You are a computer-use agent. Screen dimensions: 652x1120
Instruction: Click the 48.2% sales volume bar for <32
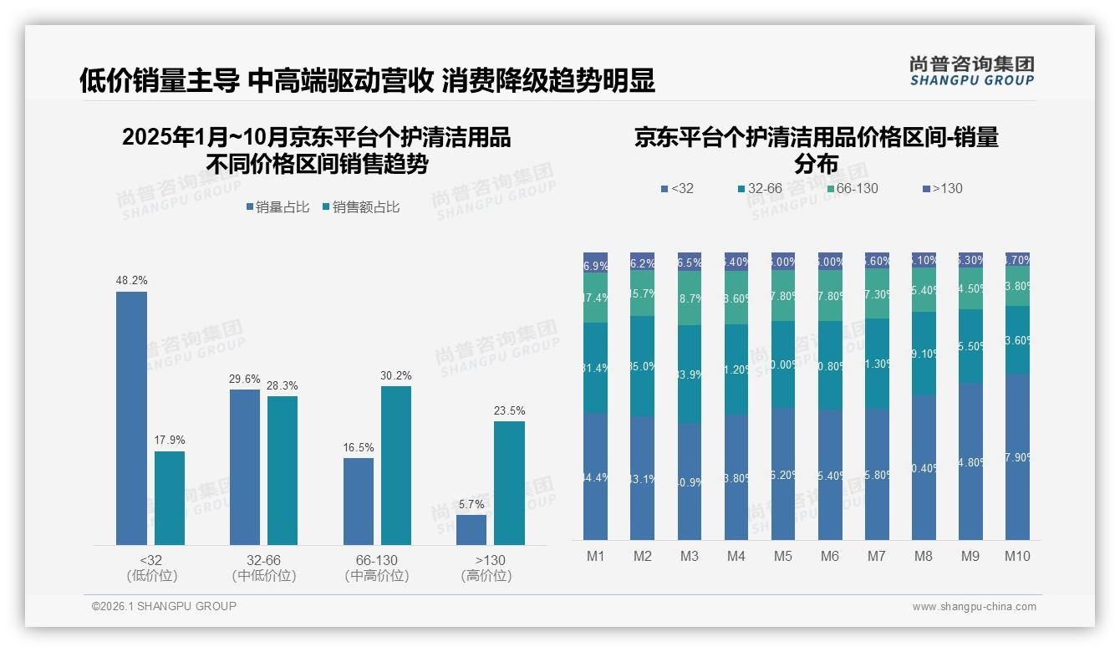(x=131, y=418)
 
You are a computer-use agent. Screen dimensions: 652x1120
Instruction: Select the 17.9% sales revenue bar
(x=170, y=498)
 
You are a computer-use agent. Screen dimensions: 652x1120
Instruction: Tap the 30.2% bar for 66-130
(x=396, y=466)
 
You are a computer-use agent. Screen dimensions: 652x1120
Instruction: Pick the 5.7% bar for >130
(x=471, y=530)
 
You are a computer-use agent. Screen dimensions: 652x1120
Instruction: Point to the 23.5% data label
(x=510, y=410)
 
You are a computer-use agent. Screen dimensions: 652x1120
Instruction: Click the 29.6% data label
(x=245, y=379)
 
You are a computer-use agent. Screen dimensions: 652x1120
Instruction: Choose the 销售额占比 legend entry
(x=360, y=207)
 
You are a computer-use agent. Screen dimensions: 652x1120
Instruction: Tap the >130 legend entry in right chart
(x=942, y=189)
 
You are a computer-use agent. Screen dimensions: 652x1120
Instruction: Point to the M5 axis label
(x=783, y=556)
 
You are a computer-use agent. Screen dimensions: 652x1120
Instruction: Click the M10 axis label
(x=1017, y=556)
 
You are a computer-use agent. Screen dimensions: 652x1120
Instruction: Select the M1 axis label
(x=596, y=556)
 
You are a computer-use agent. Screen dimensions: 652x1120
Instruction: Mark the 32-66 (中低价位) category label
(x=264, y=568)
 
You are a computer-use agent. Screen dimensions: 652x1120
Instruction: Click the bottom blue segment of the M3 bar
(x=690, y=481)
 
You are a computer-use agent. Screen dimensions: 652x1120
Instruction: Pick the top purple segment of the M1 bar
(x=596, y=262)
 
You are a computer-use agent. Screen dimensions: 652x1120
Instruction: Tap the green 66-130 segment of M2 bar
(x=643, y=293)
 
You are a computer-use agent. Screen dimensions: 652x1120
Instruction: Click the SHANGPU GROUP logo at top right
(x=972, y=71)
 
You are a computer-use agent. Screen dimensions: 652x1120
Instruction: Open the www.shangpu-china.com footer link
(x=974, y=607)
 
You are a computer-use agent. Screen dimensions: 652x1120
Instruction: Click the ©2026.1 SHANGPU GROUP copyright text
(x=164, y=606)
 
